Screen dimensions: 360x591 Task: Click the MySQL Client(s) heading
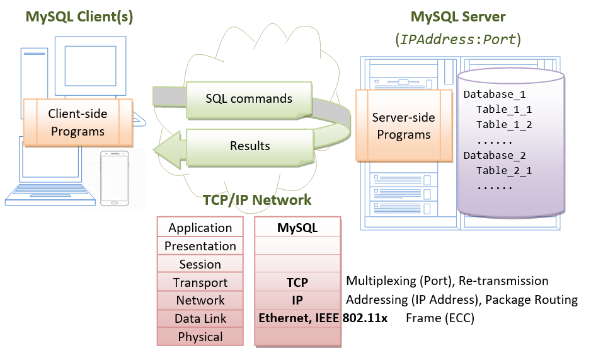pyautogui.click(x=80, y=16)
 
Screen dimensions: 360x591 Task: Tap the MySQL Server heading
pyautogui.click(x=457, y=16)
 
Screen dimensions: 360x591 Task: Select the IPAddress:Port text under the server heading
pyautogui.click(x=457, y=39)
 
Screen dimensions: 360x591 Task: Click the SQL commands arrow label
pyautogui.click(x=249, y=99)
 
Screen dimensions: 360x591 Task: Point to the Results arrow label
pyautogui.click(x=250, y=146)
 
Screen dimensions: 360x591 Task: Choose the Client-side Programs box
pyautogui.click(x=77, y=122)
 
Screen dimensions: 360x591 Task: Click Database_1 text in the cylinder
pyautogui.click(x=495, y=95)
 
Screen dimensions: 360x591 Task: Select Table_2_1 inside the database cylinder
pyautogui.click(x=504, y=170)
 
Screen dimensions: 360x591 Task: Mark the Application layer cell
pyautogui.click(x=200, y=228)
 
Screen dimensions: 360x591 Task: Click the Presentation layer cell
pyautogui.click(x=200, y=246)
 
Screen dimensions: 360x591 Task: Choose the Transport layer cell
pyautogui.click(x=200, y=282)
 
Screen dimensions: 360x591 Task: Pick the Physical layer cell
pyautogui.click(x=200, y=337)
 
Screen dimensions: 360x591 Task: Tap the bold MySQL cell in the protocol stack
pyautogui.click(x=297, y=228)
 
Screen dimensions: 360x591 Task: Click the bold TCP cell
pyautogui.click(x=297, y=282)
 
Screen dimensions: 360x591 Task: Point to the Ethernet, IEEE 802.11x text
pyautogui.click(x=323, y=318)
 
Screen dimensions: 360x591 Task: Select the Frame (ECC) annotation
pyautogui.click(x=440, y=318)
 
